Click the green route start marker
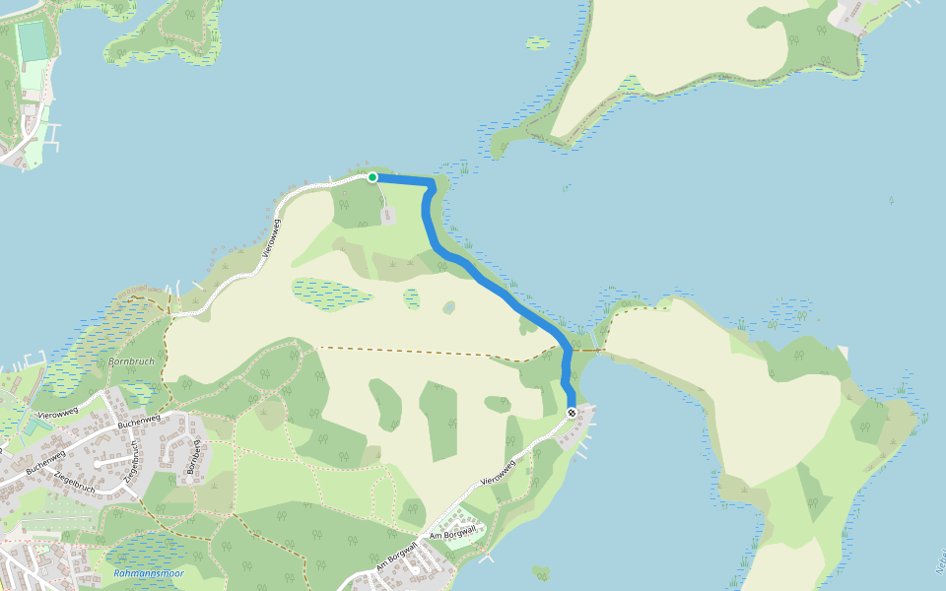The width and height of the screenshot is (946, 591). pos(372,177)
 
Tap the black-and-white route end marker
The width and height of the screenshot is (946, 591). pos(572,413)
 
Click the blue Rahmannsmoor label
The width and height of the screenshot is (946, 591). pos(148,573)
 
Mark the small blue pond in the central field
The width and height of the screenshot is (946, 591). pos(449,307)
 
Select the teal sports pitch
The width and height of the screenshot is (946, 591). pos(33,41)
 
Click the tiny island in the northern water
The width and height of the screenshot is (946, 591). pos(537,43)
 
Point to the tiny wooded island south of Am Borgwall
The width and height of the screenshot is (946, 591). pos(539,571)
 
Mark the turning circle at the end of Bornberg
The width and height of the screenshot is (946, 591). pos(99,461)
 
